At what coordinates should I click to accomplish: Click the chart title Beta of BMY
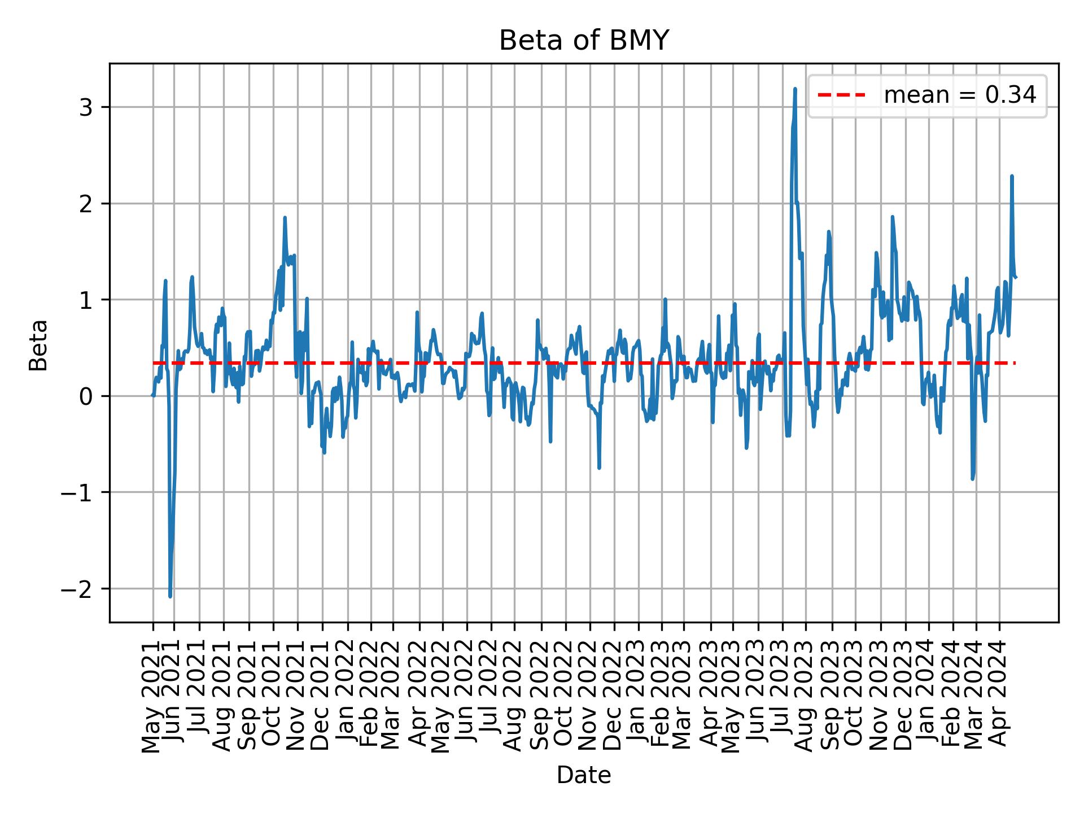click(x=584, y=41)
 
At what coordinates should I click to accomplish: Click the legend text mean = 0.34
click(x=960, y=95)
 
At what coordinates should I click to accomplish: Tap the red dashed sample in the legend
click(x=841, y=95)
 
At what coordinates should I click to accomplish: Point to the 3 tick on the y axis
click(x=85, y=107)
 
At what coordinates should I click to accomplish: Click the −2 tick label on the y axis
click(x=77, y=589)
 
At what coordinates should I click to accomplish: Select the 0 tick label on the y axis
click(x=85, y=396)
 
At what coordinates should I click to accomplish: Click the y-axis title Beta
click(x=38, y=345)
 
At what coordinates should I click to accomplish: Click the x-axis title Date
click(x=584, y=775)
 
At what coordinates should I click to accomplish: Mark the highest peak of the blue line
click(x=795, y=89)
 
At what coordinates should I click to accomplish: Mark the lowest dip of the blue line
click(x=170, y=596)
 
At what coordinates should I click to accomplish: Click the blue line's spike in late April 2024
click(x=1012, y=176)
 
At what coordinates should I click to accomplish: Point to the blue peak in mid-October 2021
click(x=285, y=218)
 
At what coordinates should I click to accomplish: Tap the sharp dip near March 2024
click(x=972, y=479)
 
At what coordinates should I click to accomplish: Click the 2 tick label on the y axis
click(x=85, y=204)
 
